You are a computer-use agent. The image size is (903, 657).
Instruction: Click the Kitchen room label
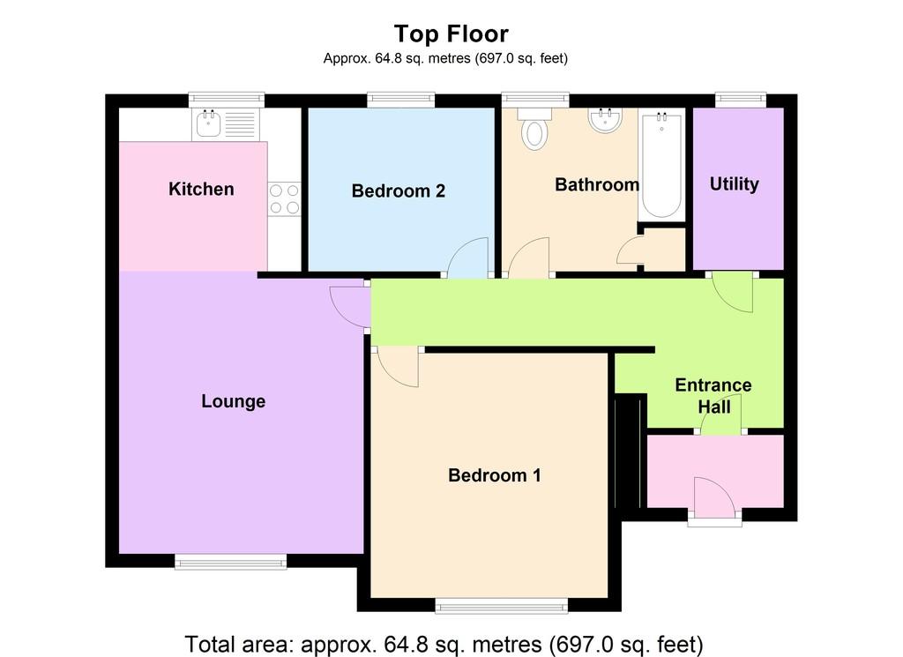click(x=201, y=189)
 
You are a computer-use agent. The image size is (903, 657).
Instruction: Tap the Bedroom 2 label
click(x=399, y=190)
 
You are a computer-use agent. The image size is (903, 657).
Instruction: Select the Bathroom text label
click(x=597, y=184)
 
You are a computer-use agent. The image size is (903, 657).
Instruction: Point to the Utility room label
click(x=735, y=183)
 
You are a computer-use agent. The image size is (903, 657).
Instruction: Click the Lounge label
click(x=233, y=400)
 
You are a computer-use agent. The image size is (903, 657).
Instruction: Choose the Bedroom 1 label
click(x=495, y=475)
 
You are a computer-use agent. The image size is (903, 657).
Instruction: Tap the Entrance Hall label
click(x=713, y=396)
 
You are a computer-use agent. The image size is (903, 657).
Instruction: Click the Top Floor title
click(x=451, y=34)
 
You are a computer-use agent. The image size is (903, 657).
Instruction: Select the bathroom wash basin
click(x=605, y=120)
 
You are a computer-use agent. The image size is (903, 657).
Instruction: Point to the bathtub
click(x=661, y=165)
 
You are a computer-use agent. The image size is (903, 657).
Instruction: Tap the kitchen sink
click(x=208, y=124)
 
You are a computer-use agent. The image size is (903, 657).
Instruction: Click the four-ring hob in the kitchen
click(x=285, y=198)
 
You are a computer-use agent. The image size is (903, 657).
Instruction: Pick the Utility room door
click(x=733, y=292)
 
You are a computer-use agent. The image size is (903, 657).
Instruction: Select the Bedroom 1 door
click(x=398, y=367)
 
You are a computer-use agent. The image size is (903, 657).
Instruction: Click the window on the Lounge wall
click(x=230, y=562)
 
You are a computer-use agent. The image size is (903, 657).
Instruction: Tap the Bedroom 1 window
click(x=502, y=606)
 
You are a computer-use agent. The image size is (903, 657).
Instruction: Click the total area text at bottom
click(x=444, y=645)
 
